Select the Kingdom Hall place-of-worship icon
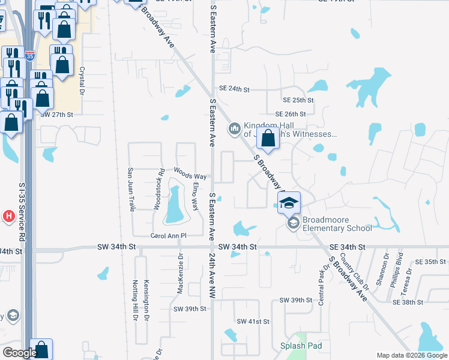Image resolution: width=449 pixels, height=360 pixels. [x=234, y=128]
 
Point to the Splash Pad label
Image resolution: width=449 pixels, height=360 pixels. [x=301, y=346]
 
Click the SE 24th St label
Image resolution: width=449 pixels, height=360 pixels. [x=234, y=89]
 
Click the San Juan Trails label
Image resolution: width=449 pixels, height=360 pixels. [x=130, y=189]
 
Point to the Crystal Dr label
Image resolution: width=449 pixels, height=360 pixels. [x=82, y=80]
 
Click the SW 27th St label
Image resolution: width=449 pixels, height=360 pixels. [x=56, y=114]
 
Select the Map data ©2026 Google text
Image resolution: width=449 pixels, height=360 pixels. [x=411, y=355]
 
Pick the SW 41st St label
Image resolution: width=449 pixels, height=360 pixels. [x=253, y=322]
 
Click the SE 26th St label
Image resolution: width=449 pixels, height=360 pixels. [x=291, y=114]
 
